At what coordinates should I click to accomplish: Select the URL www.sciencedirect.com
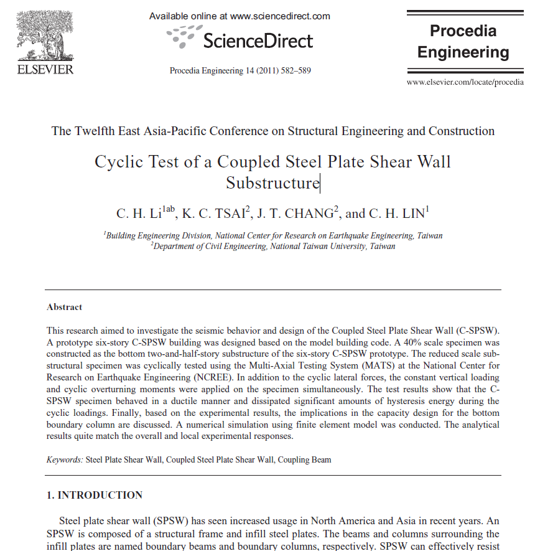point(280,16)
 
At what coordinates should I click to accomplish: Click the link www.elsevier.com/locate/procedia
point(465,82)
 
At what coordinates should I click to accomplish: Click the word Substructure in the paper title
point(272,183)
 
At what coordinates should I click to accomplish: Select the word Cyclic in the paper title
point(118,162)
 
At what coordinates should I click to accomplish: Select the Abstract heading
point(64,307)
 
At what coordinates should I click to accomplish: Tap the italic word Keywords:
point(65,460)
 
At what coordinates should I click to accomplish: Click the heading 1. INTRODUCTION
point(95,496)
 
